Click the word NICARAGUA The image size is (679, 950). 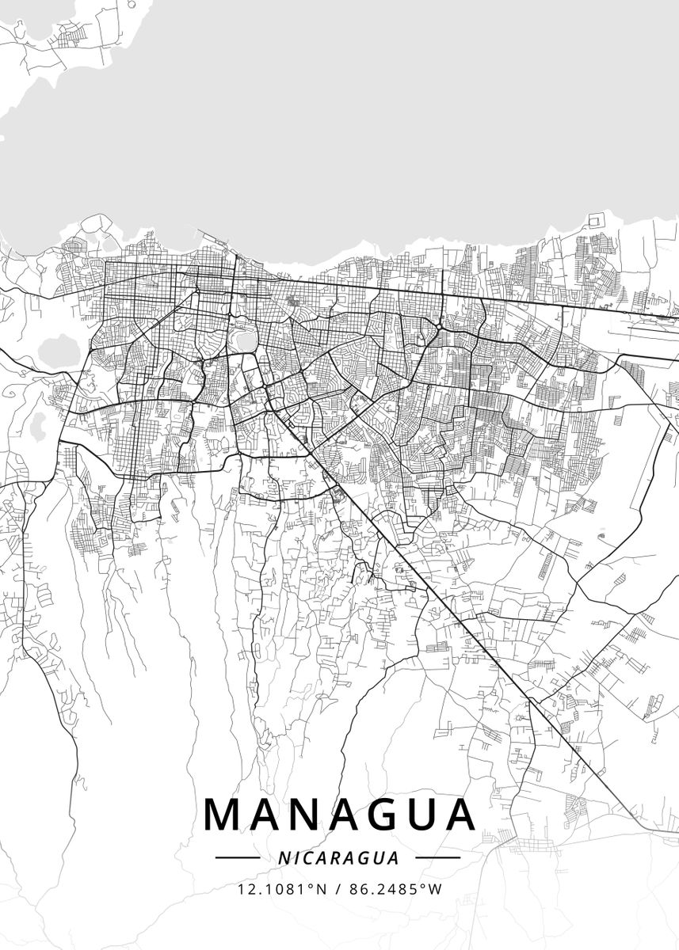coord(338,857)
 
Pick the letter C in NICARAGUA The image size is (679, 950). coord(304,857)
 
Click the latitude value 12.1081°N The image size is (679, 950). coord(282,889)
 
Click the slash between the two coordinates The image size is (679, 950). coord(338,889)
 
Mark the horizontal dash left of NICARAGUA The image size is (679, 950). coord(238,857)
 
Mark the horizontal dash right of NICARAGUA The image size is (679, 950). coord(437,857)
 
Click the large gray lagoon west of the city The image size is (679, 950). coord(59,348)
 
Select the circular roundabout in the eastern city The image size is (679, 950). coord(437,325)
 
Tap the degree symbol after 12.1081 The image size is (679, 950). coord(309,886)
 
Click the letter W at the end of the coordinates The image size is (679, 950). coord(436,889)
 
